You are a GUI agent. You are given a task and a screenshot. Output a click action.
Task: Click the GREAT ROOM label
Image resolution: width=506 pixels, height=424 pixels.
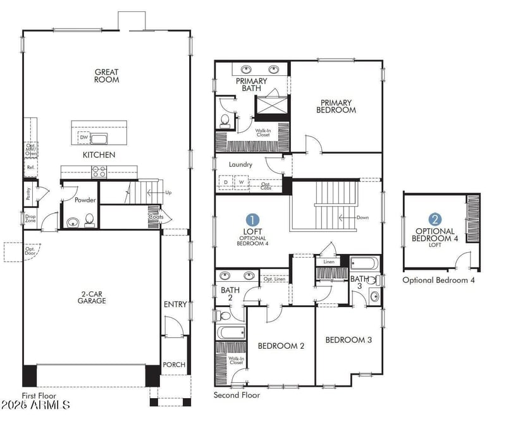107,76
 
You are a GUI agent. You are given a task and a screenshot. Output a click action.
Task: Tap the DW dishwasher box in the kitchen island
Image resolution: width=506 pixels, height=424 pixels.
83,138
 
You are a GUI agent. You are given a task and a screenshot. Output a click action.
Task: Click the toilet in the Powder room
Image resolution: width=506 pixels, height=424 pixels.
90,220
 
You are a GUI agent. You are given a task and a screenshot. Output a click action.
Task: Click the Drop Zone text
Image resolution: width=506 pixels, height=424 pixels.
30,219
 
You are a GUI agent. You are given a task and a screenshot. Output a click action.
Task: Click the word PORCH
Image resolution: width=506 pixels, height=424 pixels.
174,365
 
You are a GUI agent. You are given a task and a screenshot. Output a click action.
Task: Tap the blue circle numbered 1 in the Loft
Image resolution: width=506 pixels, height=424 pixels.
252,220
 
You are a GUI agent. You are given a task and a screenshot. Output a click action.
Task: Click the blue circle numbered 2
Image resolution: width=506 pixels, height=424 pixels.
435,220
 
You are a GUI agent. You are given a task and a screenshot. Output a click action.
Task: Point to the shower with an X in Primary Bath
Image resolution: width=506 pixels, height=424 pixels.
272,104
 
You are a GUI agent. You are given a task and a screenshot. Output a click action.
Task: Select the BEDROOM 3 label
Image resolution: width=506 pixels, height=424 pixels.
349,340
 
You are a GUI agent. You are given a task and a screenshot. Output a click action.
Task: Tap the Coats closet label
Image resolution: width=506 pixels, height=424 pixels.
156,216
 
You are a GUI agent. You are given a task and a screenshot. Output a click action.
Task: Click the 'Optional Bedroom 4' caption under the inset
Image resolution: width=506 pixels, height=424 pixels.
438,280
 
